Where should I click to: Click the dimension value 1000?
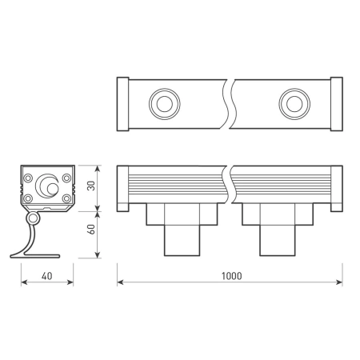tap(230, 275)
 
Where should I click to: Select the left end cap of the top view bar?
tap(122, 102)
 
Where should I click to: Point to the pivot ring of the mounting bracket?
tap(33, 218)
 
